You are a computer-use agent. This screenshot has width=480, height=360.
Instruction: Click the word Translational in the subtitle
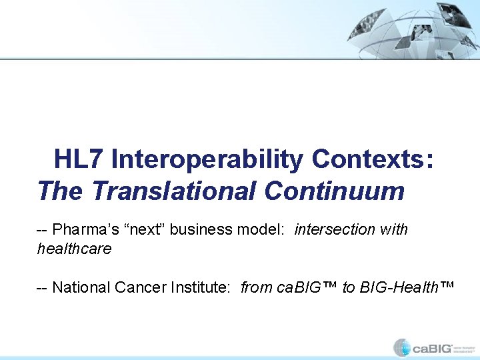point(175,191)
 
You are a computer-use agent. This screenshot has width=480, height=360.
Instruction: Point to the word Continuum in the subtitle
point(334,191)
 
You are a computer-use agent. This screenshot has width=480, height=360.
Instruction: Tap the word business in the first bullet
point(201,230)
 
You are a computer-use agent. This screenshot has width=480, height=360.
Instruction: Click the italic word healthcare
point(74,249)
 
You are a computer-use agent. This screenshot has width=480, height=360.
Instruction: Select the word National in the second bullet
point(79,287)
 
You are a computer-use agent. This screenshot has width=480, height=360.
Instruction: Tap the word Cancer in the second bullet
point(132,287)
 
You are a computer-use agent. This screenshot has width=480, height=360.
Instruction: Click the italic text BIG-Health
point(397,287)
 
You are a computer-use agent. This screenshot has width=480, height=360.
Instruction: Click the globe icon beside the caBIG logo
point(402,347)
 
